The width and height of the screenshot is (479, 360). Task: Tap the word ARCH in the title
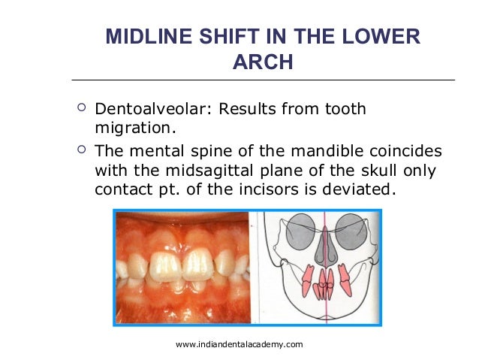pos(263,62)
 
